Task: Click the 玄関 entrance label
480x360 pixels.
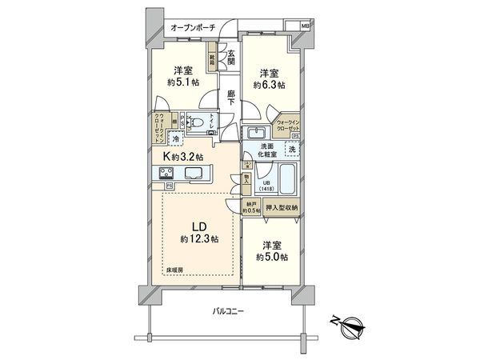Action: coord(230,58)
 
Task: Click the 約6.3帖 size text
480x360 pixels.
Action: coord(270,83)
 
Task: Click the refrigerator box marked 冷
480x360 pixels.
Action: coord(173,140)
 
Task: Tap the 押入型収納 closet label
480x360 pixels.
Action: coord(282,208)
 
